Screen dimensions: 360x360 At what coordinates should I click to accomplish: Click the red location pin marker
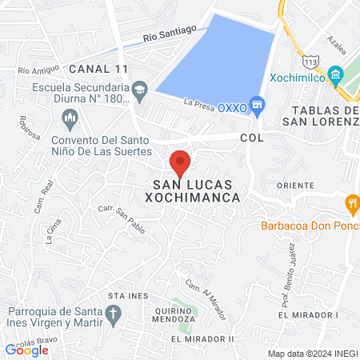[180, 162]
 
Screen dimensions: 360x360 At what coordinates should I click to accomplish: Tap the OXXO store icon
[257, 104]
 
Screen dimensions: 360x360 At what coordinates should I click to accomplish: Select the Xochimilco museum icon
[336, 76]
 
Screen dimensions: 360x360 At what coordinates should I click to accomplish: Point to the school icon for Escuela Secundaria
[140, 89]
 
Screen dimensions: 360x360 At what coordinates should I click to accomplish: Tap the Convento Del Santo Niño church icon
[70, 119]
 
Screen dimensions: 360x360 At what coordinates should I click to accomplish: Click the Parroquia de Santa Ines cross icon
[114, 313]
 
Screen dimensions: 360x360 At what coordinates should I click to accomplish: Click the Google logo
[27, 350]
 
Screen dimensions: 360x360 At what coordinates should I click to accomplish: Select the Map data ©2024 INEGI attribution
[312, 354]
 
